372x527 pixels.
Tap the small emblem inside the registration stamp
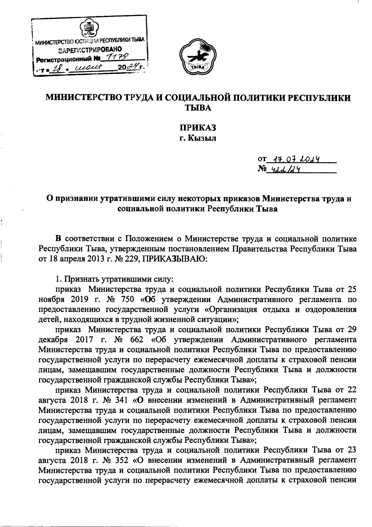(90, 29)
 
